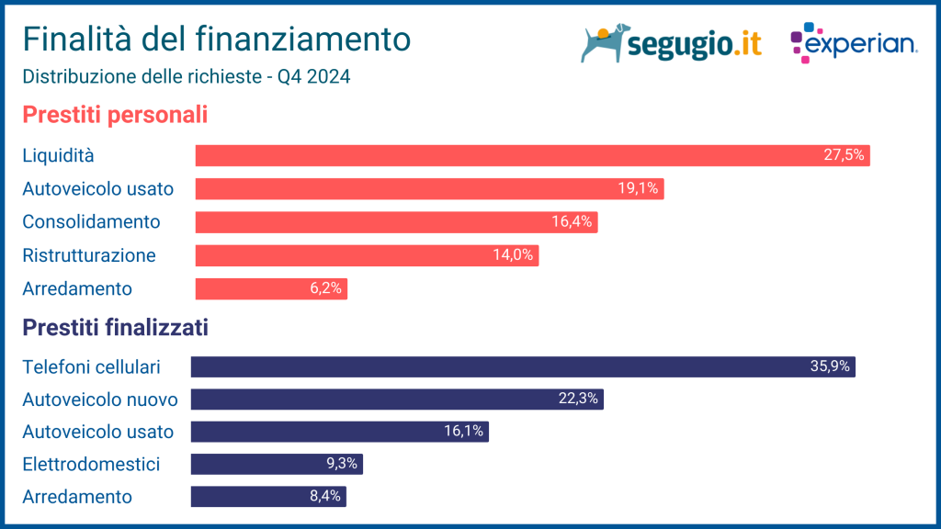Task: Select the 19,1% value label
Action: click(638, 188)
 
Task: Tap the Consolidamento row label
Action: click(91, 221)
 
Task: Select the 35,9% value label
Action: click(831, 366)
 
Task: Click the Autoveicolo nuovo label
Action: click(99, 400)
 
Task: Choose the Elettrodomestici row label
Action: click(91, 464)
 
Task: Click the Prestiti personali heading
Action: click(115, 116)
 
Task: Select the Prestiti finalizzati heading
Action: click(115, 327)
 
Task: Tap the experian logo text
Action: click(861, 44)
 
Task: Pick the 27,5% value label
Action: click(844, 155)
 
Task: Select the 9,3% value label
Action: click(341, 464)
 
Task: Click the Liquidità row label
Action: click(58, 155)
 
